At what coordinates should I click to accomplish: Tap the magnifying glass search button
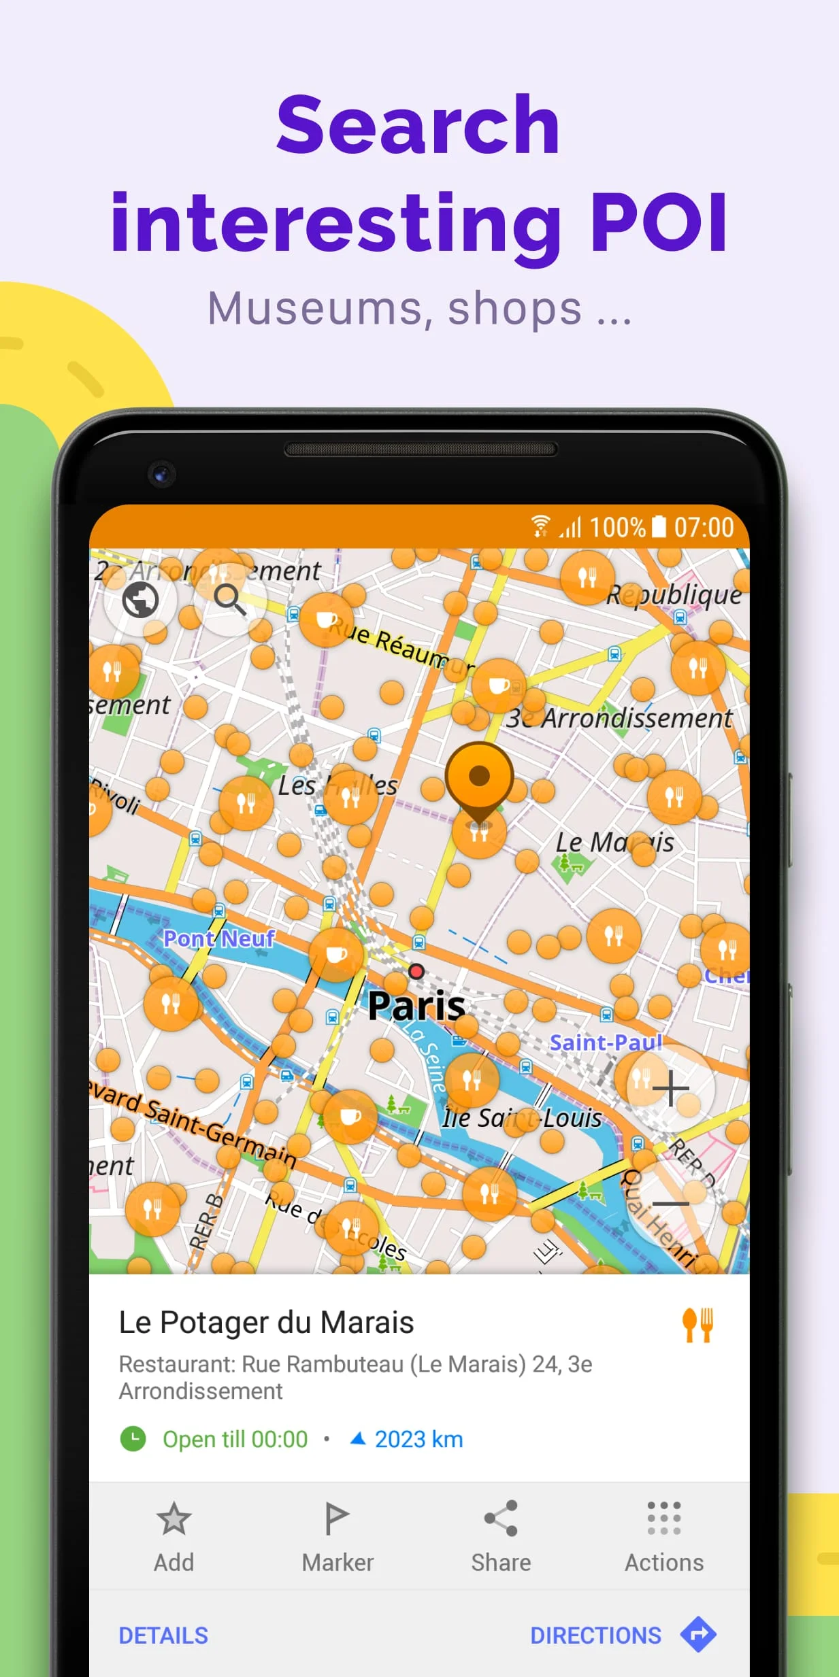coord(229,600)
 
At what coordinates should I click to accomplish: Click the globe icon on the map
coord(141,600)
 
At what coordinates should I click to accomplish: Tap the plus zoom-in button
coord(671,1088)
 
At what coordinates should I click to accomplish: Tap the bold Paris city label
coord(416,1006)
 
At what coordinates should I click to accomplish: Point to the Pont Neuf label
coord(218,938)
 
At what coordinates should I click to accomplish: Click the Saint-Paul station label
coord(605,1043)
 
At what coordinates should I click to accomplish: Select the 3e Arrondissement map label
coord(619,718)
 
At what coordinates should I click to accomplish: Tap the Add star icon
coord(174,1518)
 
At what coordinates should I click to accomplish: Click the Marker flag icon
coord(337,1518)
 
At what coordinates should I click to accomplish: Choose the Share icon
coord(501,1518)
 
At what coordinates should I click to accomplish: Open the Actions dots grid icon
coord(664,1518)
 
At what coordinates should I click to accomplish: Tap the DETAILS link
coord(163,1636)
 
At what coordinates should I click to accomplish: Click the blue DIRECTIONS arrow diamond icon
coord(698,1634)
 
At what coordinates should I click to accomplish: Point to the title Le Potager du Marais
coord(266,1323)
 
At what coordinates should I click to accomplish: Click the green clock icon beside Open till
coord(133,1439)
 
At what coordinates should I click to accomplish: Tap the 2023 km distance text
coord(418,1439)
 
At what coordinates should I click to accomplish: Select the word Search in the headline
coord(418,126)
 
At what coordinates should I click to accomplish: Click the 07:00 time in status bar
coord(704,527)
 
